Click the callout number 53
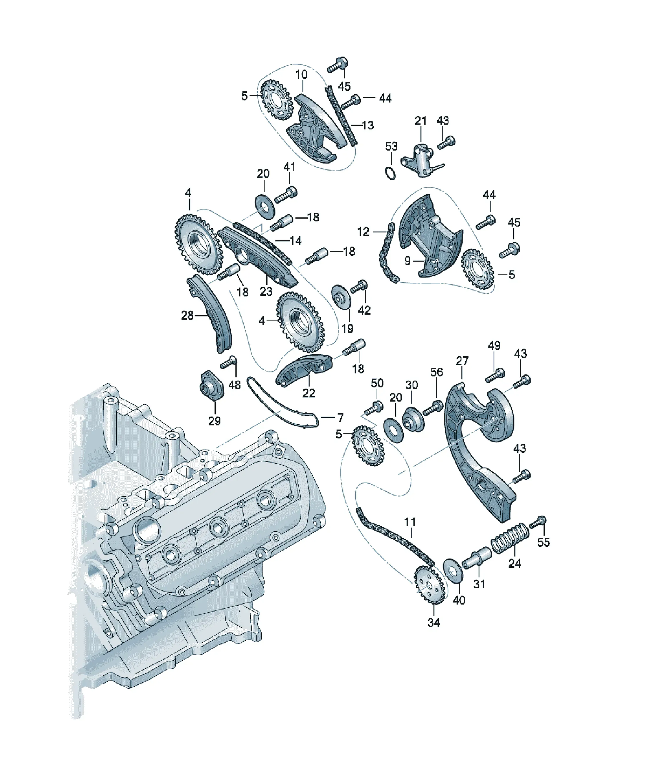click(x=391, y=146)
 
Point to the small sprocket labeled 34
click(x=429, y=585)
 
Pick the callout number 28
click(x=187, y=316)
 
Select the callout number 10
click(x=301, y=75)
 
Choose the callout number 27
click(x=462, y=361)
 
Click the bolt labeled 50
click(x=373, y=408)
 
